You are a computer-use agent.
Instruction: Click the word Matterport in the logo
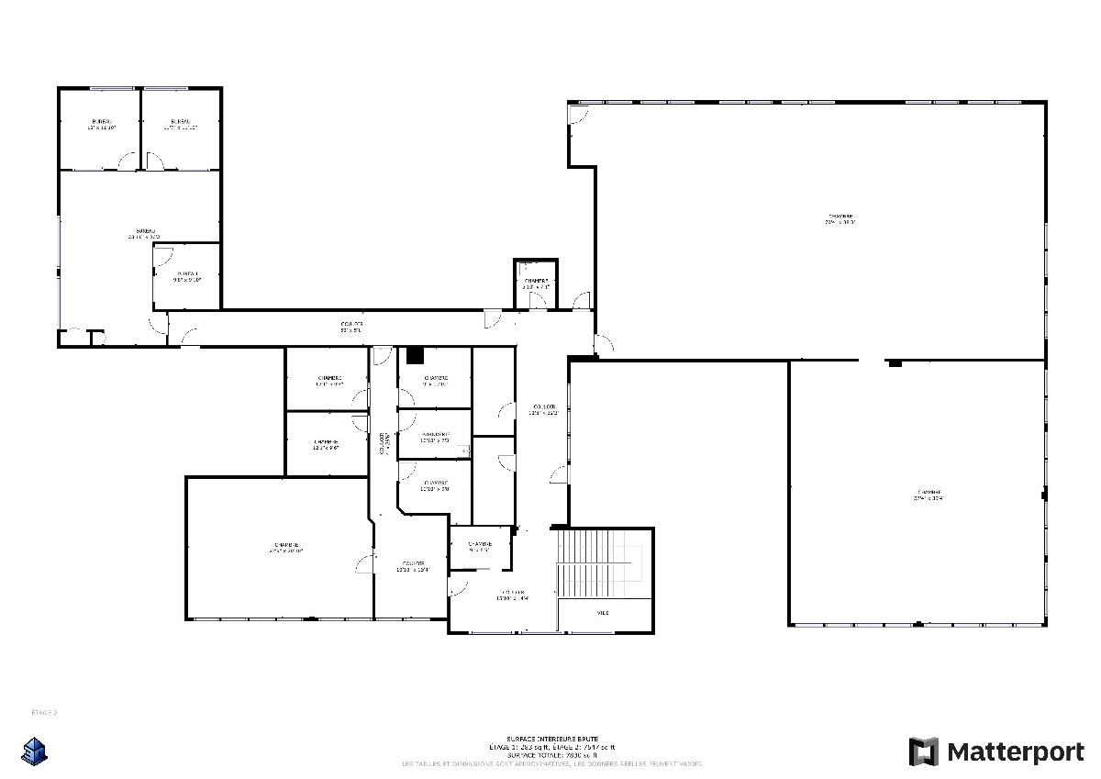point(1015,752)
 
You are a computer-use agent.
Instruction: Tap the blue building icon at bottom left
point(35,750)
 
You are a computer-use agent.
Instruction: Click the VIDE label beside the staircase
point(603,613)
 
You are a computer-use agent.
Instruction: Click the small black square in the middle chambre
point(416,354)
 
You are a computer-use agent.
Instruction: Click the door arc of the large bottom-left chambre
point(364,563)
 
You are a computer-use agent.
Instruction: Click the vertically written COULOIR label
point(382,443)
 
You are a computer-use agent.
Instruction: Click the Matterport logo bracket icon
point(924,751)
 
